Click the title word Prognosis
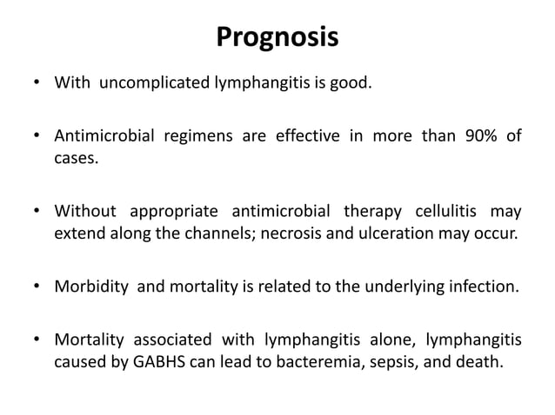[277, 38]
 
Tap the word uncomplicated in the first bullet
[151, 84]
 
